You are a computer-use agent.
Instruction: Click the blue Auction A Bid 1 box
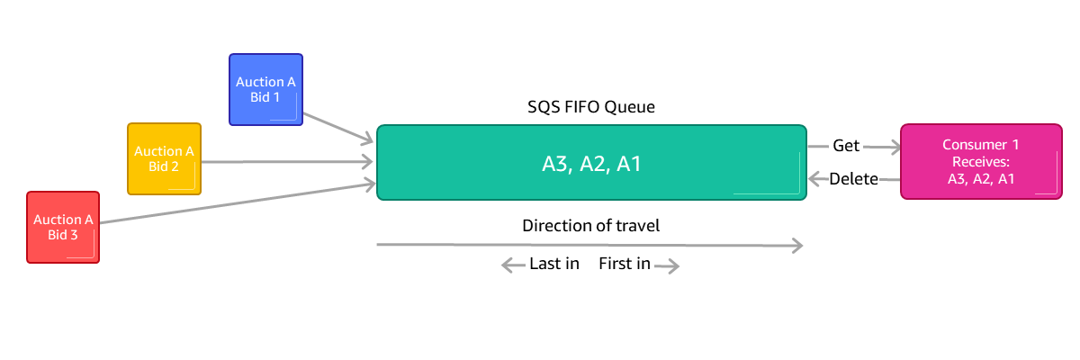(x=265, y=89)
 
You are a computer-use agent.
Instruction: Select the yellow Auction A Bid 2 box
(x=164, y=158)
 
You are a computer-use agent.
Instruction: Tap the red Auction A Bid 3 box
(x=63, y=227)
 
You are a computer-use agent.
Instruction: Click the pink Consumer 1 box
(x=981, y=162)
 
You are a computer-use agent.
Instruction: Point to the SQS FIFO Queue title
(x=591, y=107)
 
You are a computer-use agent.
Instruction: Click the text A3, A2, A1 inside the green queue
(x=590, y=164)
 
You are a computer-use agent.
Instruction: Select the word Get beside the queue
(x=846, y=145)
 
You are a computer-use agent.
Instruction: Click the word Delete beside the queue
(x=853, y=179)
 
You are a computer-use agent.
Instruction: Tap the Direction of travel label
(x=591, y=225)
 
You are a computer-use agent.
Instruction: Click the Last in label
(x=554, y=265)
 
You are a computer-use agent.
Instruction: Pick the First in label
(x=625, y=265)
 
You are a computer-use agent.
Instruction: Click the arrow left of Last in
(x=514, y=265)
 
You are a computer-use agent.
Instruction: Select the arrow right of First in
(x=667, y=265)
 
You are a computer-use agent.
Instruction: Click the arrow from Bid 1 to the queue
(x=337, y=127)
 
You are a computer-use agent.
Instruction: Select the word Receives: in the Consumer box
(x=981, y=162)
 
